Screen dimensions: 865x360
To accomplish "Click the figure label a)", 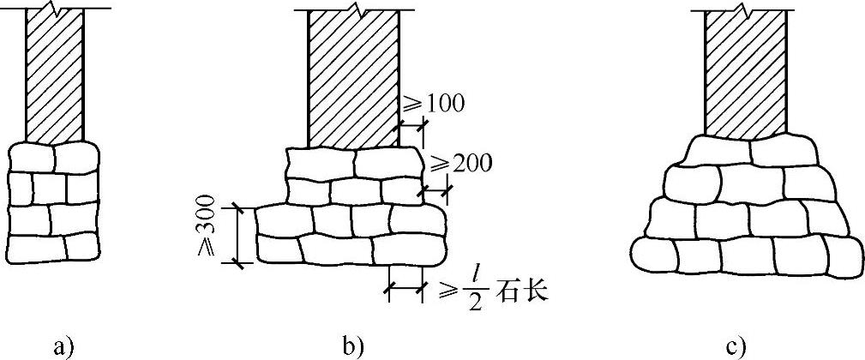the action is tap(63, 346).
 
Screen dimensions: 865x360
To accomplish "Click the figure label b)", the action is tap(353, 346).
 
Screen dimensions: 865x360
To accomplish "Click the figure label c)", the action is tap(736, 346).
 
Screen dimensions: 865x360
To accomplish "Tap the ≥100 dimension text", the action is tap(436, 105).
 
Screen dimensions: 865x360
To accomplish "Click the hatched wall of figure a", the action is tap(55, 77).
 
